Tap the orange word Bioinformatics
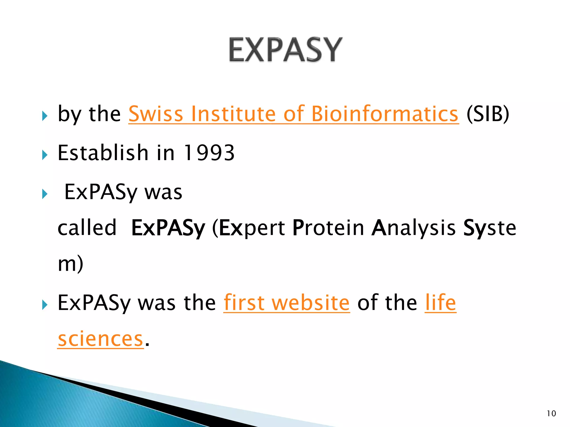(x=384, y=114)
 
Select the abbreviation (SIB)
(x=488, y=114)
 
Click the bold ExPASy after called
(x=168, y=228)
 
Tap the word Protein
(x=328, y=228)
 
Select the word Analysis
(x=414, y=228)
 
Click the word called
(x=87, y=228)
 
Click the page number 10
(x=551, y=414)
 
